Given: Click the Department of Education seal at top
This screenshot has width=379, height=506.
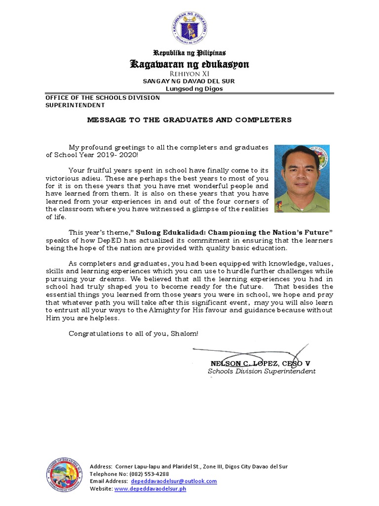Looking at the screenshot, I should coord(189,29).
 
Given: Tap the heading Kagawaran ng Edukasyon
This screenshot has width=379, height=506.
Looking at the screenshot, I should coord(189,64).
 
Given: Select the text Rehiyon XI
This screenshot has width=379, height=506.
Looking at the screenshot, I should coord(189,74).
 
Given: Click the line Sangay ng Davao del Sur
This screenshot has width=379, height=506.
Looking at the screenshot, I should coord(189,81).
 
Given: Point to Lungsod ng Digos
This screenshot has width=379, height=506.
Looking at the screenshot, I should coord(189,89).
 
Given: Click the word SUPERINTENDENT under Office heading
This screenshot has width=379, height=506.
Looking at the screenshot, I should coord(75,105).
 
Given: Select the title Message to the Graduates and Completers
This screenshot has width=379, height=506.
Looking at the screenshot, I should coord(189,120).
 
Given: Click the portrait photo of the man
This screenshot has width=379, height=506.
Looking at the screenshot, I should coord(302,178).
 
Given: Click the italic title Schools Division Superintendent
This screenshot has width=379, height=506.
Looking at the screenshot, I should coord(262,372).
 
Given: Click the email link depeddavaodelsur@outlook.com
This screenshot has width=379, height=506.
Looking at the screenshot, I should coord(173,481).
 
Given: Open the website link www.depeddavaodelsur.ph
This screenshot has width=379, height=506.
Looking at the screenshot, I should coord(150,489).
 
